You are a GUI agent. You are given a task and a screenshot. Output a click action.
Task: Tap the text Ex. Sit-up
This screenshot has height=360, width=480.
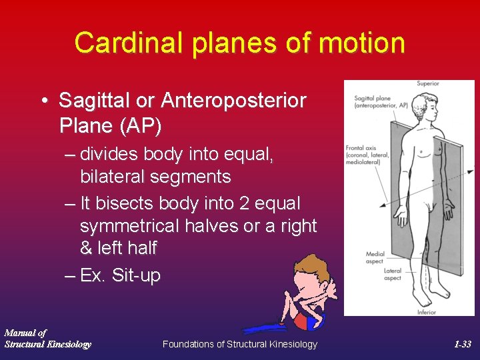coord(120,275)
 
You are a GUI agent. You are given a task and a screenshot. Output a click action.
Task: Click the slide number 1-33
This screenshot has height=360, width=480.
coord(462,344)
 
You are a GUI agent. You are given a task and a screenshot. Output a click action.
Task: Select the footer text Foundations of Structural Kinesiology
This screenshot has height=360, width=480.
coord(240,344)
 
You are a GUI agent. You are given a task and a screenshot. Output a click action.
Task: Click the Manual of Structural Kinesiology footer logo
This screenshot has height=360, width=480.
coord(47,338)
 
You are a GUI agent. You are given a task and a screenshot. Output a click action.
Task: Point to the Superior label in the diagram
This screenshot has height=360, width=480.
coord(427,84)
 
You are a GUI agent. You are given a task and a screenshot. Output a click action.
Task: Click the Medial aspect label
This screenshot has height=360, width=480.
coord(375,257)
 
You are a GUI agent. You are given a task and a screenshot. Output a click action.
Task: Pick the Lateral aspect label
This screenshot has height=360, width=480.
coord(393,274)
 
